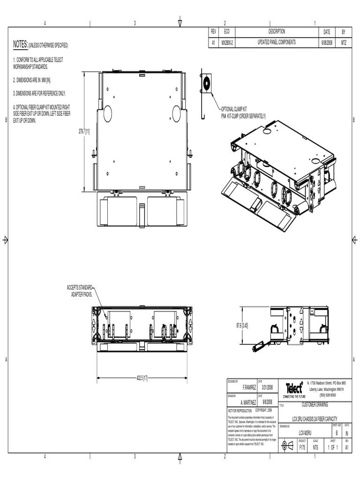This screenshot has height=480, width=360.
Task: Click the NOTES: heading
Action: tap(21, 44)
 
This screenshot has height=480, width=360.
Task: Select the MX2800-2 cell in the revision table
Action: tap(227, 42)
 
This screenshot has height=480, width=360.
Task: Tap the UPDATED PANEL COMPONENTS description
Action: tap(277, 42)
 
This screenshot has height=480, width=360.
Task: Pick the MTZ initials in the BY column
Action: tap(344, 42)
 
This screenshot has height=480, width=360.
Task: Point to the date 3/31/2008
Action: tap(267, 388)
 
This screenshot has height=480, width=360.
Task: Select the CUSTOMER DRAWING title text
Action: tap(315, 404)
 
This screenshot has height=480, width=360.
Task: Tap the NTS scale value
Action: tap(315, 448)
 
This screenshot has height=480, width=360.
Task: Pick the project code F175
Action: tap(302, 448)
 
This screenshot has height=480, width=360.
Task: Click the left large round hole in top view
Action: tap(107, 113)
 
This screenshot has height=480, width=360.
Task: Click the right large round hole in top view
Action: tap(177, 113)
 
